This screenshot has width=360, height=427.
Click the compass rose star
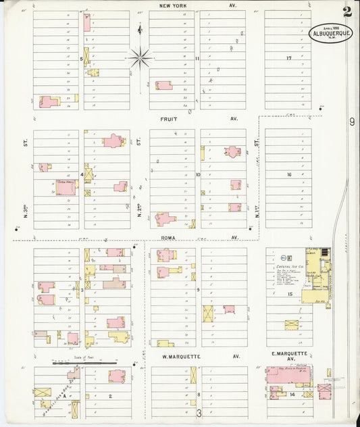point(140,57)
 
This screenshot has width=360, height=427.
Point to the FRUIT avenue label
point(168,118)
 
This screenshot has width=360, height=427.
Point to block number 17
point(288,58)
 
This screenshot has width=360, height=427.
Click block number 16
point(288,174)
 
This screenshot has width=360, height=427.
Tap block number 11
point(197,59)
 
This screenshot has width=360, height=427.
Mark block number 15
point(288,295)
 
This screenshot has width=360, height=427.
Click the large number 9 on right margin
point(352,122)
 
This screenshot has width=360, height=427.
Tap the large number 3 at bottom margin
point(199,412)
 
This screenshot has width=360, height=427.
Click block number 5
point(81,59)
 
